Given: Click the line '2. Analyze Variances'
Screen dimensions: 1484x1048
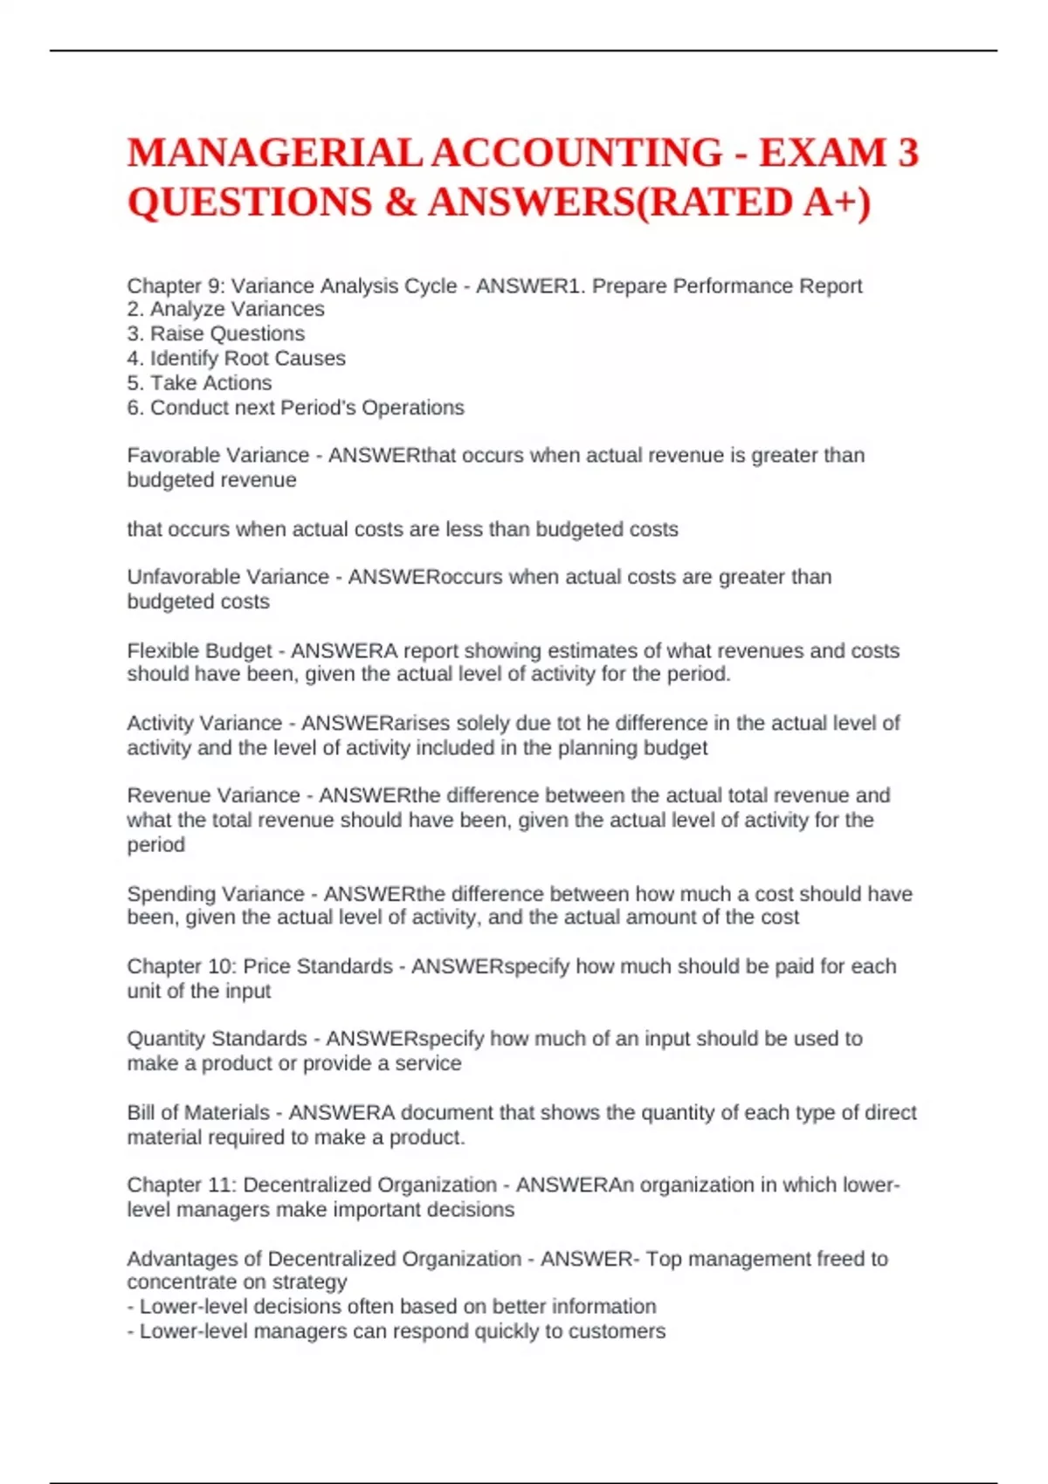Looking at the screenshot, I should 225,309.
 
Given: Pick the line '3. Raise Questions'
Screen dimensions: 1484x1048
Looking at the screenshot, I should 216,333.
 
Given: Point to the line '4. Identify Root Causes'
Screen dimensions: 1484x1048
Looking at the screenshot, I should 236,358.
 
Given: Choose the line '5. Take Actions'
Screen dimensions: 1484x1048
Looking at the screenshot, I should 199,382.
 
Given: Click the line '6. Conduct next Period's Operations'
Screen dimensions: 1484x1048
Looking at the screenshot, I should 295,408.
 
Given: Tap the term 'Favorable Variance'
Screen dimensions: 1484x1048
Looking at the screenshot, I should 217,455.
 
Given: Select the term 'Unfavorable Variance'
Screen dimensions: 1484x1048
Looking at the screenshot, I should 228,577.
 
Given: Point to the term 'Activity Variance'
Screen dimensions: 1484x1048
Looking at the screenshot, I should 204,723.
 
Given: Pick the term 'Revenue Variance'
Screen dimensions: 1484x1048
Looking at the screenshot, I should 213,795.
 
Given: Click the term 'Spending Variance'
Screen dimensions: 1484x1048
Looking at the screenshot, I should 216,894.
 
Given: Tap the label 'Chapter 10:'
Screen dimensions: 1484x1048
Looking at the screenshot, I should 181,966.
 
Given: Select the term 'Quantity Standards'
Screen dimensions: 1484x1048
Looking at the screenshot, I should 217,1039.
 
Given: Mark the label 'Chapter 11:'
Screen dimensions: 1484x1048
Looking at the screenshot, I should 181,1185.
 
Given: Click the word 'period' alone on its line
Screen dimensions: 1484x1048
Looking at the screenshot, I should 155,845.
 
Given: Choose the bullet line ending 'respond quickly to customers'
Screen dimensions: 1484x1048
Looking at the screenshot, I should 396,1331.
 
